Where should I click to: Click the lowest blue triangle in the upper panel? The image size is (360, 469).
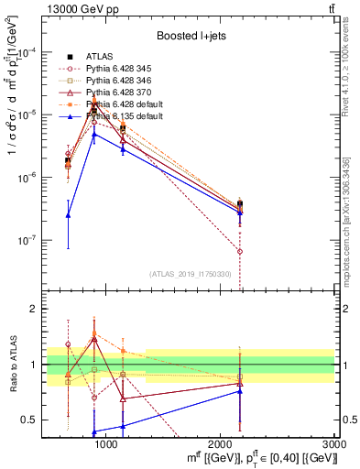(68, 215)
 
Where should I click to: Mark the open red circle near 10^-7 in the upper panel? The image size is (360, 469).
(240, 251)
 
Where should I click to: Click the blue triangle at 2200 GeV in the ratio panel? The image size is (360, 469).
(240, 391)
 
